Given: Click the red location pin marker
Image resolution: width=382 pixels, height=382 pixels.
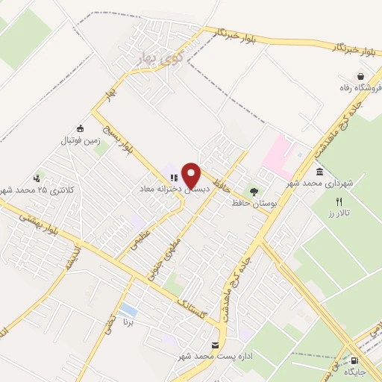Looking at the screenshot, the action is (192, 175).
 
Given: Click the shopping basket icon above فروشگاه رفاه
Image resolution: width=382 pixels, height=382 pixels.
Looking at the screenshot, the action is (360, 76).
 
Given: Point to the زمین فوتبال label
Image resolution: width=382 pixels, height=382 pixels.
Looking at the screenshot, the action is (79, 139).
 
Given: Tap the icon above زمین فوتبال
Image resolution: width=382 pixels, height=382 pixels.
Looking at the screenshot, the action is (81, 128).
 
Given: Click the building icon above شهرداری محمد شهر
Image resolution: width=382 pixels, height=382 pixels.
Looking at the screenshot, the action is (319, 172).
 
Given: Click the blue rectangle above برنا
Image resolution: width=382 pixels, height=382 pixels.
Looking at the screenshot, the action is (128, 309).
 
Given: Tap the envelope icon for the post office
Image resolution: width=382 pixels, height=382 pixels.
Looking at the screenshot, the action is (216, 345).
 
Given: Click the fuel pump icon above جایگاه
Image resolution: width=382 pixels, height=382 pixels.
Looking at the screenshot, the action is (353, 360).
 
